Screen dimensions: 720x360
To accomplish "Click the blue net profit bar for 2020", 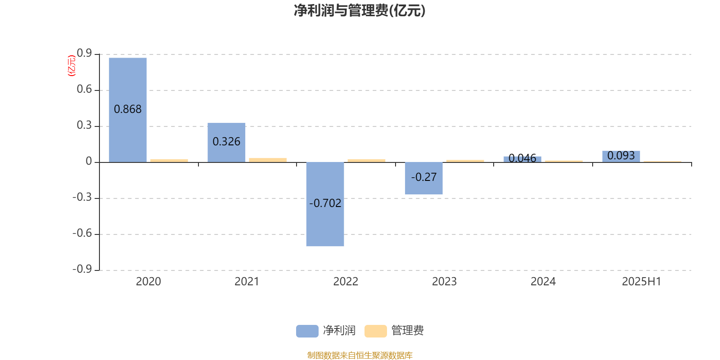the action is (128, 110).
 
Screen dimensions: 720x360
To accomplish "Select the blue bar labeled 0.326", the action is (226, 142).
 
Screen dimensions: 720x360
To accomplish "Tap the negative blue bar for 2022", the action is (325, 204).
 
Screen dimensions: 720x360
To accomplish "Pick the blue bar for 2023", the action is (423, 178).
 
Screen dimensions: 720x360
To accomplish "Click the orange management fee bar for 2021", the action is (268, 160).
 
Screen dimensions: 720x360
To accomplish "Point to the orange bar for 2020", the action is (169, 161).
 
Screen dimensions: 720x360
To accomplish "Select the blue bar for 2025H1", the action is (621, 157).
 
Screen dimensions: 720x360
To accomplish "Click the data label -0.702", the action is (325, 203).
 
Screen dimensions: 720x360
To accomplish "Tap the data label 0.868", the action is (128, 109).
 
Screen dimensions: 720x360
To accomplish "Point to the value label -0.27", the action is (423, 177).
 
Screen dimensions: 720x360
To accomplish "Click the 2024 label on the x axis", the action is (543, 282).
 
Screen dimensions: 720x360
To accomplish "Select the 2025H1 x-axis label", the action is (641, 282).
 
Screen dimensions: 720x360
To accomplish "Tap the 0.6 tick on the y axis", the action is (84, 89).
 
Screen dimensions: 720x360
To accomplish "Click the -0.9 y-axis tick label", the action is (82, 269).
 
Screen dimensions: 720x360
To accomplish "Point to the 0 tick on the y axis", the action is (89, 161).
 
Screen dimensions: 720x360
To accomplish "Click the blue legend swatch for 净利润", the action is (307, 331).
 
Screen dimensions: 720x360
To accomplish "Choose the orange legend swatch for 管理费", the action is (375, 331).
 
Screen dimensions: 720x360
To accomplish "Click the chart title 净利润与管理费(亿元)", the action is (360, 11).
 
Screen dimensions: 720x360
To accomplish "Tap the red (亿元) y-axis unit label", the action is (72, 66).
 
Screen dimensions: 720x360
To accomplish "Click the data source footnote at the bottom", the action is (360, 355).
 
